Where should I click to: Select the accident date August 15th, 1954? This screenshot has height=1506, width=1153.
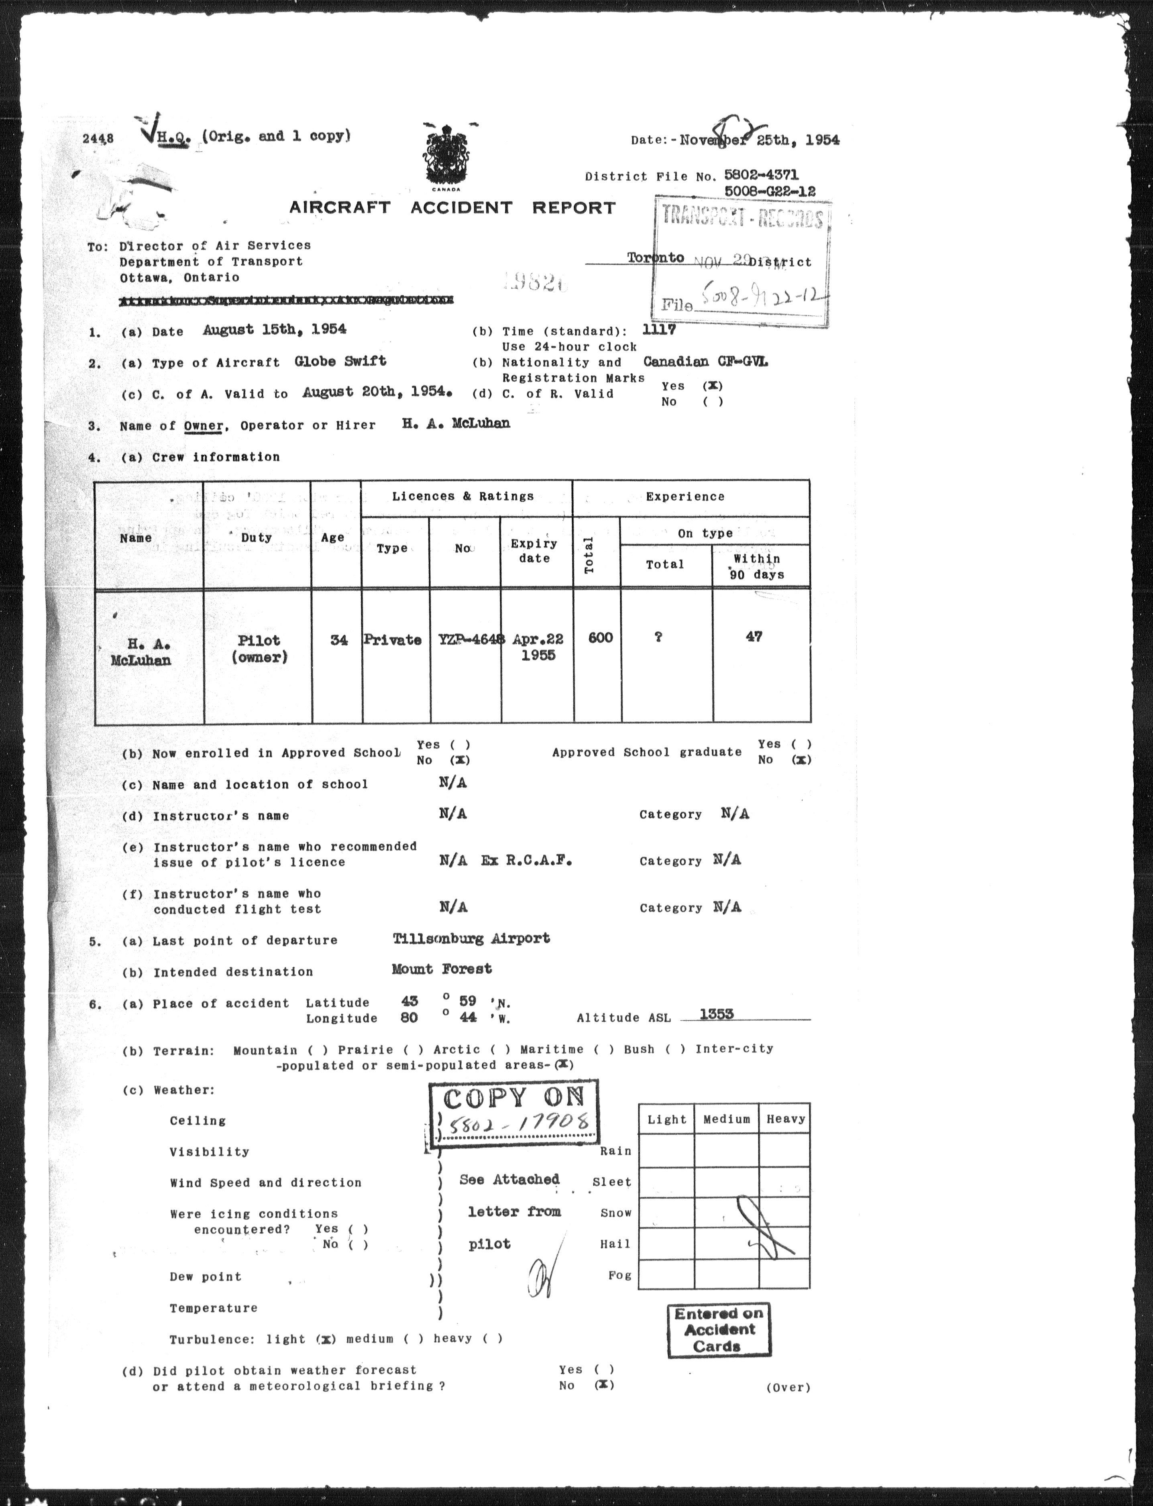[x=275, y=329]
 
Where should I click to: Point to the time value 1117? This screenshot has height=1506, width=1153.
[x=659, y=329]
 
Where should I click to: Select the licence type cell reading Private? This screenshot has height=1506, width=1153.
[x=392, y=640]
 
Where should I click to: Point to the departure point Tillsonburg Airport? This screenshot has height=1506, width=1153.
[x=471, y=938]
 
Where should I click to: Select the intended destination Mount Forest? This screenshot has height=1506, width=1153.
[x=442, y=969]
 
